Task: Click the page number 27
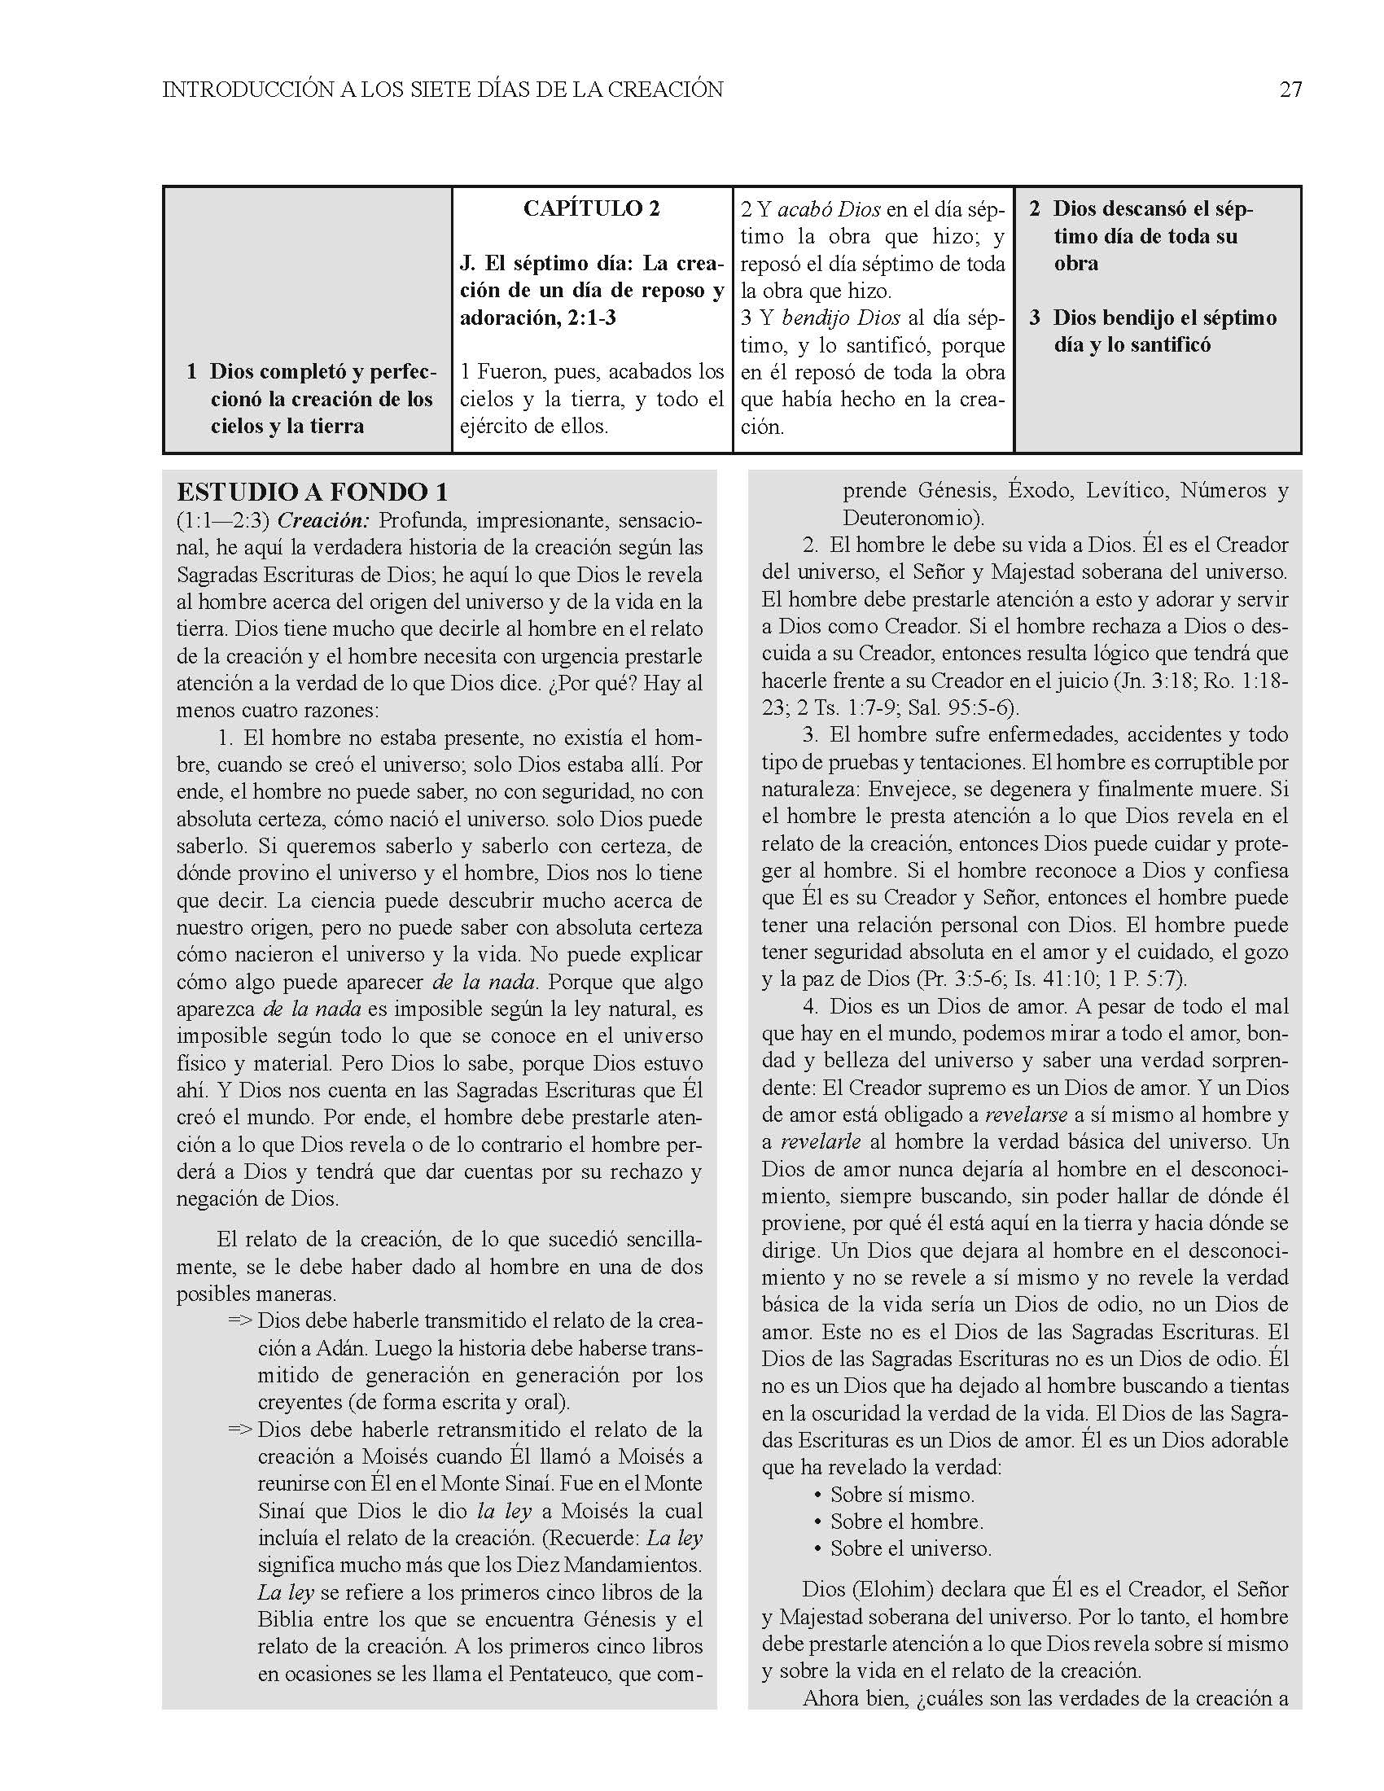pyautogui.click(x=1290, y=90)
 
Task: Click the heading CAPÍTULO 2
pyautogui.click(x=590, y=209)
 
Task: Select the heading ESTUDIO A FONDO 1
pyautogui.click(x=313, y=492)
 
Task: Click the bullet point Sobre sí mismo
pyautogui.click(x=902, y=1494)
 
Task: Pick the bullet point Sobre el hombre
pyautogui.click(x=906, y=1522)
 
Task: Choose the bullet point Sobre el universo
pyautogui.click(x=910, y=1548)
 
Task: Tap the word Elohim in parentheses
pyautogui.click(x=893, y=1589)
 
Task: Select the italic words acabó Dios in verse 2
pyautogui.click(x=829, y=210)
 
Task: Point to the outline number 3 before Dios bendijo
pyautogui.click(x=1035, y=318)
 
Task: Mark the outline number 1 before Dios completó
pyautogui.click(x=191, y=372)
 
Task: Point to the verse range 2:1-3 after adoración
pyautogui.click(x=590, y=318)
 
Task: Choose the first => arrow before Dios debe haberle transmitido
pyautogui.click(x=239, y=1321)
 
